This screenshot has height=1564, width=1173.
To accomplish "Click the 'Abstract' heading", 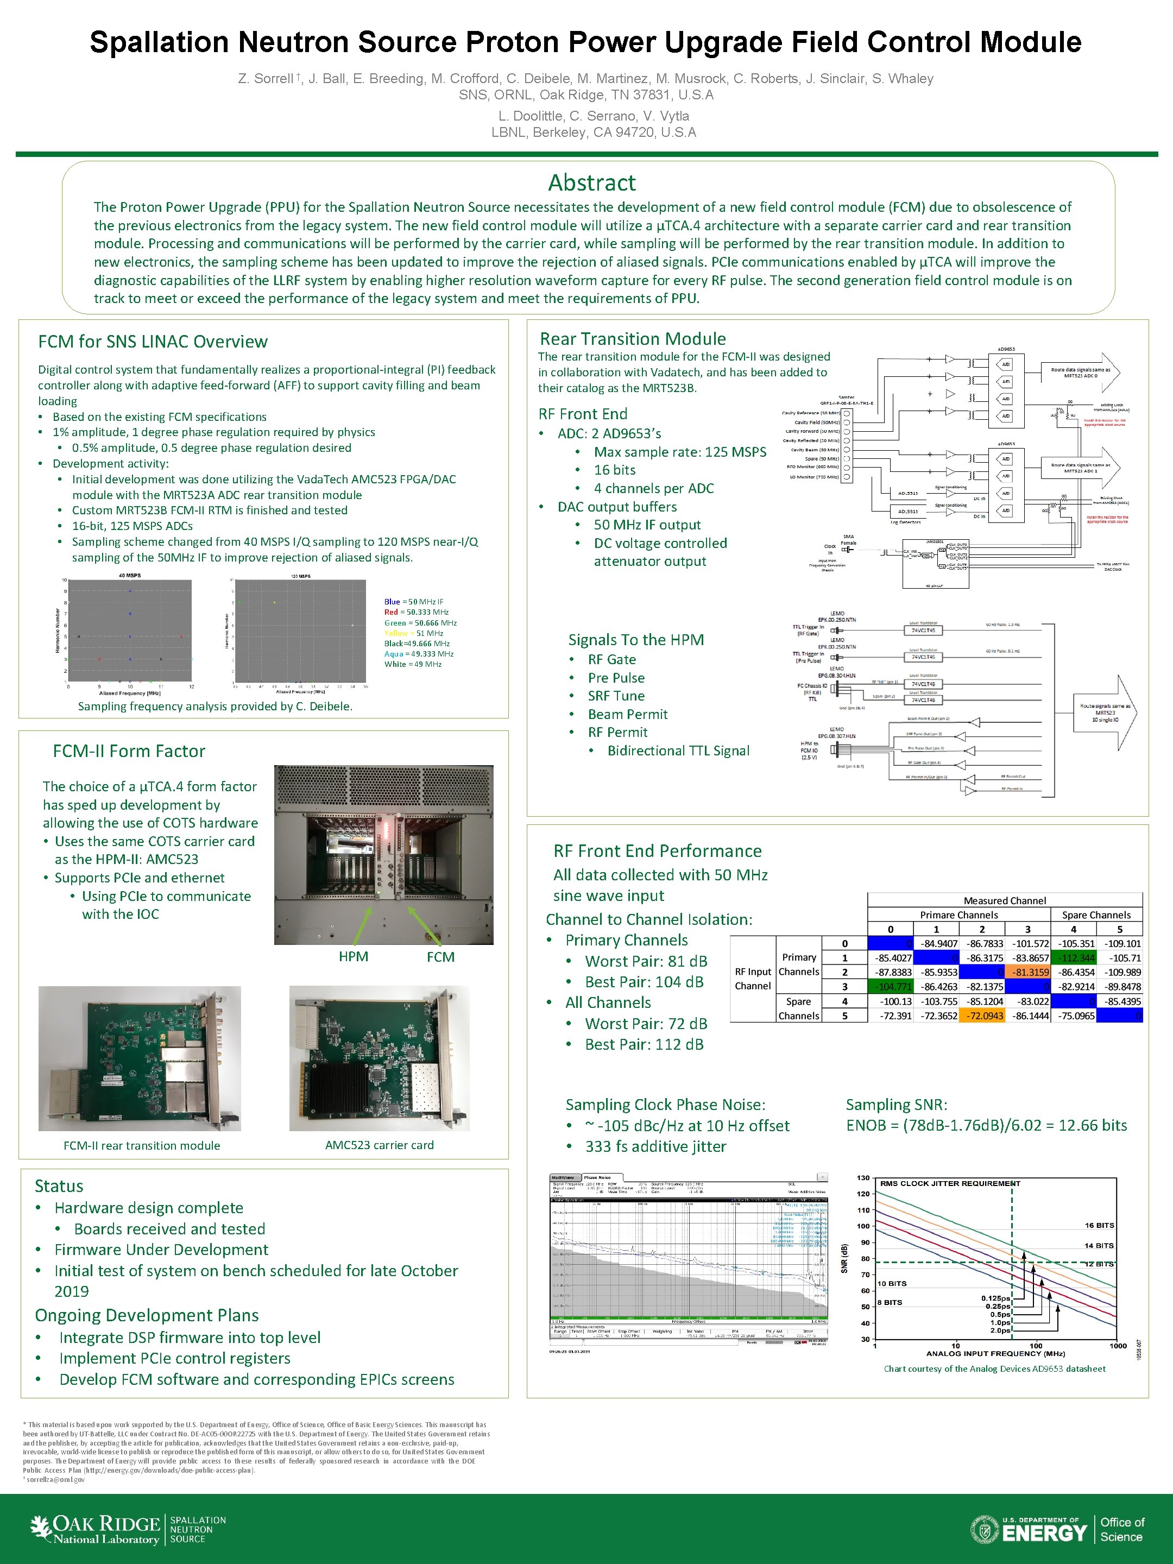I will [x=592, y=183].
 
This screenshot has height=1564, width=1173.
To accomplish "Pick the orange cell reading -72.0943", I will [x=982, y=1016].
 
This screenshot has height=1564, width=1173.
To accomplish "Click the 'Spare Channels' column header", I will [x=1096, y=915].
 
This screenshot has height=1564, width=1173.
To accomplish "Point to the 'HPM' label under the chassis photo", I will [x=353, y=957].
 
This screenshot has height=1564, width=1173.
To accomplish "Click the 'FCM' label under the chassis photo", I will [x=440, y=957].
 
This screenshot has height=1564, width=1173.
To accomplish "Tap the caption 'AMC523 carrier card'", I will [x=379, y=1145].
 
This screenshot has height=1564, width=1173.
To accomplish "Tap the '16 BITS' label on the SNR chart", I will [x=1100, y=1225].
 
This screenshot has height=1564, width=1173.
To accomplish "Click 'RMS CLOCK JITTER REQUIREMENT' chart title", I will [x=950, y=1184].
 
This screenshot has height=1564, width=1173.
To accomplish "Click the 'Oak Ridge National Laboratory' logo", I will [x=96, y=1529].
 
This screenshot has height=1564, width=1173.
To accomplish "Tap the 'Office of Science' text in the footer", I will [x=1122, y=1529].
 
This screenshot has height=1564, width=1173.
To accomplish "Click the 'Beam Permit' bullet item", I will [x=627, y=714].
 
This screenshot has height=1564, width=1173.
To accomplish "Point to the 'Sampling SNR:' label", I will [x=896, y=1105].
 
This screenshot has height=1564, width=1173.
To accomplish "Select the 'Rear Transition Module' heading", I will [x=633, y=339].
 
